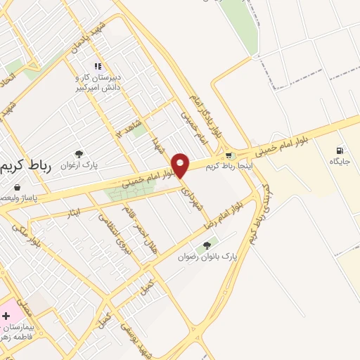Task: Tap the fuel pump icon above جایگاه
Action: [x=340, y=150]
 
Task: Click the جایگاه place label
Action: [x=340, y=162]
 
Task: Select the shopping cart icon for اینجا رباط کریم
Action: [x=229, y=155]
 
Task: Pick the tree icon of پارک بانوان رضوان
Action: [x=205, y=245]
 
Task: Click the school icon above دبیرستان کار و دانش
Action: [x=98, y=66]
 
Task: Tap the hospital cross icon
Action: [x=6, y=316]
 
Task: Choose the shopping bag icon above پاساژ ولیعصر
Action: [x=15, y=188]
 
